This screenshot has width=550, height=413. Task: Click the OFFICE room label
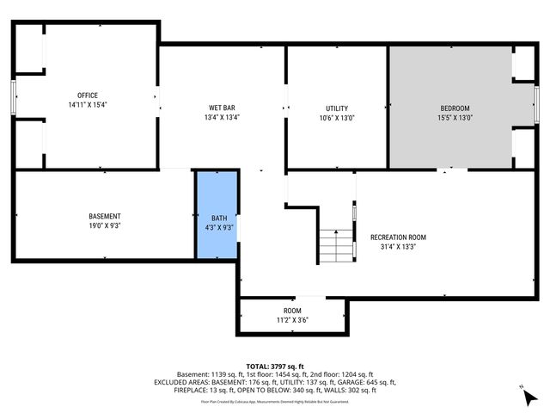87,95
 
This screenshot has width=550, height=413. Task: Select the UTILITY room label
336,108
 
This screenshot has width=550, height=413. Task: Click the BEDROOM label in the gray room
455,108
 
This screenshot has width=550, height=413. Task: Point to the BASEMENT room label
105,216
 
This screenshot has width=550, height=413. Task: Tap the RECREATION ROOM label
398,237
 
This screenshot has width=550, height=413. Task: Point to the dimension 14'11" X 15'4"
87,105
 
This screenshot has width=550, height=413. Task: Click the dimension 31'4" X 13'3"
398,247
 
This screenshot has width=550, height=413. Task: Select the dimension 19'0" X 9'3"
105,226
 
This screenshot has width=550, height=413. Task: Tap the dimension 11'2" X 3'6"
292,320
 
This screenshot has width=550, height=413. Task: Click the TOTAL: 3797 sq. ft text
274,365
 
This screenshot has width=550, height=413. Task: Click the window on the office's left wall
13,96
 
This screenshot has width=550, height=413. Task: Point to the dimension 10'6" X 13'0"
336,118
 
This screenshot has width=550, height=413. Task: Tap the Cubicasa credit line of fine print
274,401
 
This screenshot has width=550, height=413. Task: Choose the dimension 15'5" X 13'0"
455,118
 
